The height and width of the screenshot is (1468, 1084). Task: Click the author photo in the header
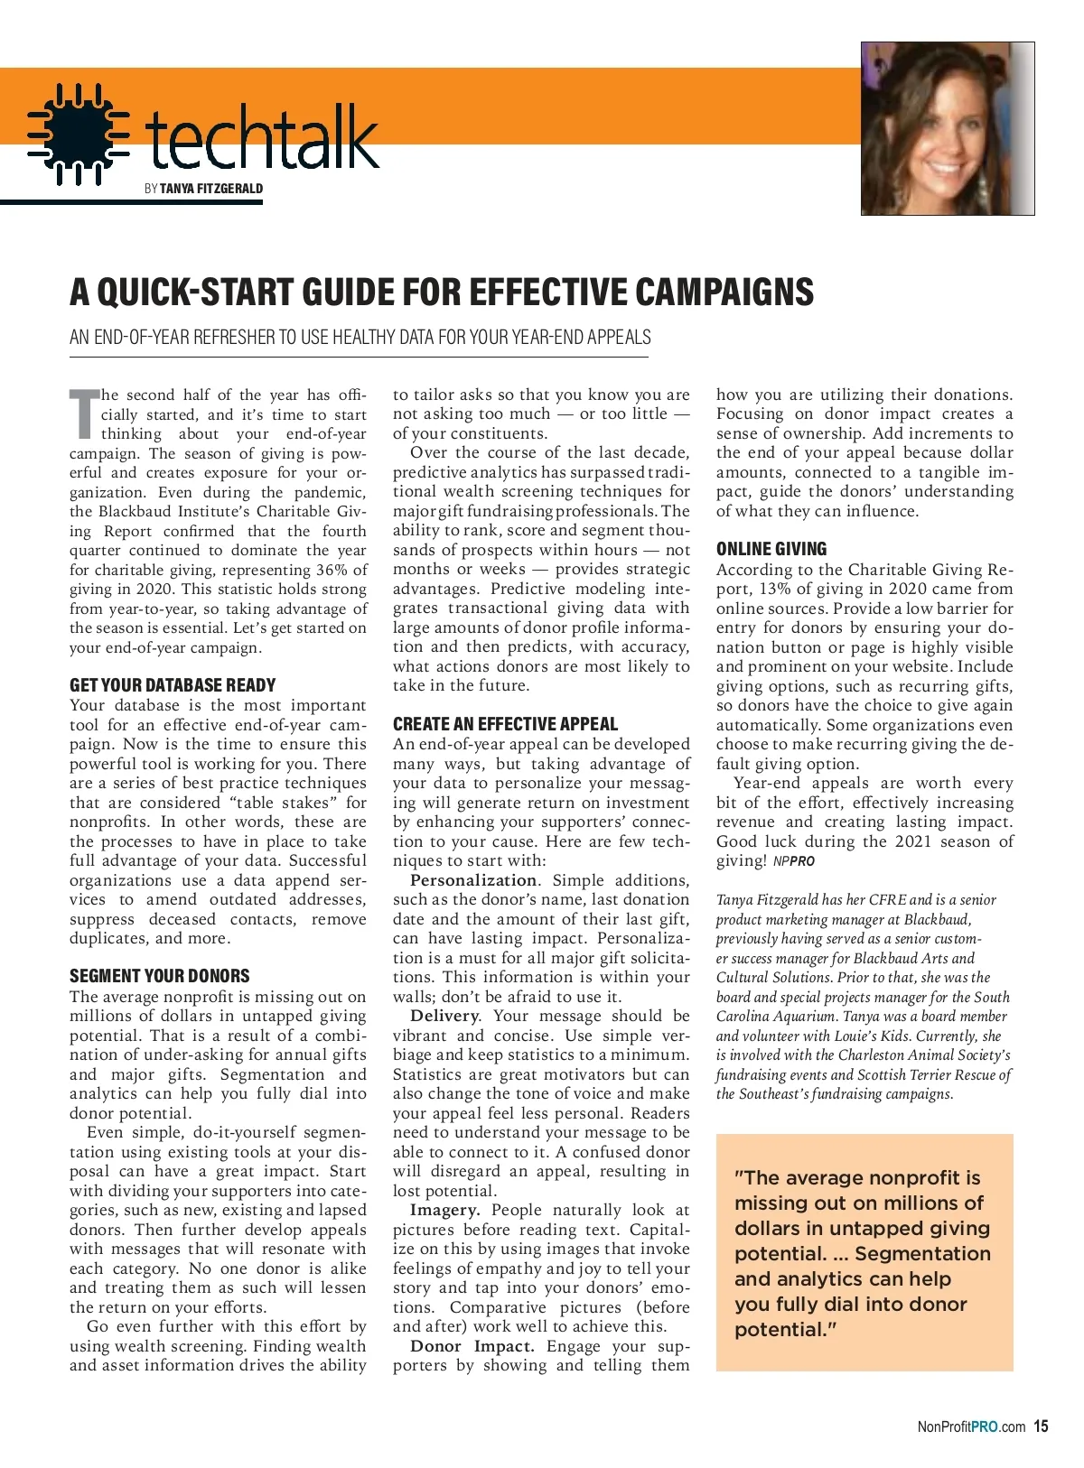(947, 128)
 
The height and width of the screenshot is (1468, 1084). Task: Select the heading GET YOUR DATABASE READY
(173, 685)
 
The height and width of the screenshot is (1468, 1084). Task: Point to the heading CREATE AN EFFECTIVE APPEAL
(505, 724)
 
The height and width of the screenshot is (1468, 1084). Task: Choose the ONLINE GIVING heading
(771, 549)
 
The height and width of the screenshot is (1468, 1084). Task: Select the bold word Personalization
(473, 880)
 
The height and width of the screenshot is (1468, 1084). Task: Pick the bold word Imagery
(444, 1210)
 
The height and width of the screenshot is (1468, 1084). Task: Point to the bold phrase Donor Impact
(472, 1346)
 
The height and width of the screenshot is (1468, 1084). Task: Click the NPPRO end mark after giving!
(794, 861)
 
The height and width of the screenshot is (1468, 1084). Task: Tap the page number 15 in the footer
(1041, 1427)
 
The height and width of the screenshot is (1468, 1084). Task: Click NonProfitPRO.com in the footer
(971, 1427)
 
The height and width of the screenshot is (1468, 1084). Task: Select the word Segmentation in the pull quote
(922, 1254)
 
